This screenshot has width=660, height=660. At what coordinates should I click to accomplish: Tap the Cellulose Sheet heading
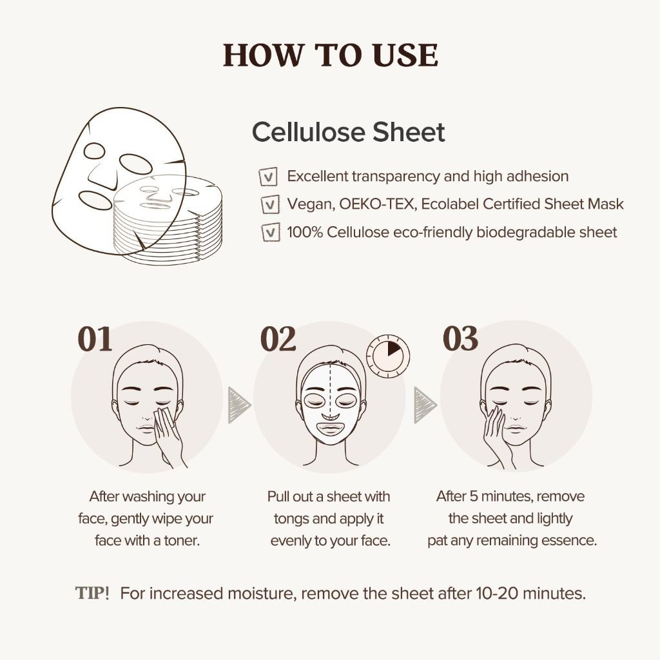[x=348, y=132]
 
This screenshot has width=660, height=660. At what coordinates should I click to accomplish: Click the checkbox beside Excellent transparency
[x=268, y=176]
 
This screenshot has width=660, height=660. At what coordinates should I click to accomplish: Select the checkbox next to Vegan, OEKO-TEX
[x=268, y=204]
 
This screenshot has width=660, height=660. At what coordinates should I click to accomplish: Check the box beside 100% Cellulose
[x=268, y=232]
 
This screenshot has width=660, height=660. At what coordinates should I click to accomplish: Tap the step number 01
[x=95, y=340]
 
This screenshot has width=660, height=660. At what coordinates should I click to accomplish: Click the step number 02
[x=278, y=340]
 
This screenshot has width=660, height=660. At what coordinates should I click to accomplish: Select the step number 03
[x=460, y=340]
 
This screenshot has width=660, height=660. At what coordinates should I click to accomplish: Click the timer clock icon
[x=388, y=355]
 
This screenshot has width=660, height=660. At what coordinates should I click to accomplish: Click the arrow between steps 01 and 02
[x=238, y=405]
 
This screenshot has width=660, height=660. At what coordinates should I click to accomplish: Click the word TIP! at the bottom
[x=92, y=593]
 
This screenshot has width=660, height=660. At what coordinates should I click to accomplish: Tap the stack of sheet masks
[x=169, y=222]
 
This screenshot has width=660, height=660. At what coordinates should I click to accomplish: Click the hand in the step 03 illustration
[x=496, y=432]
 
